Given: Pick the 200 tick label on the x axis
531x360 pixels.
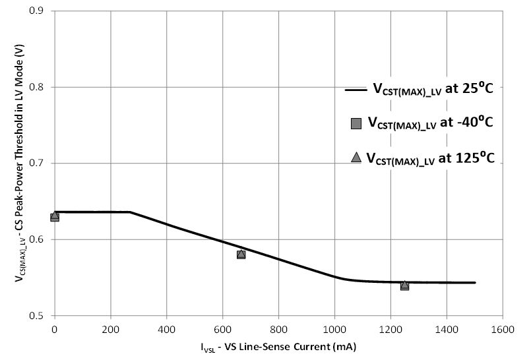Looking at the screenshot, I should click(x=110, y=327).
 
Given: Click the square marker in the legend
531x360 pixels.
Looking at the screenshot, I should click(x=356, y=123).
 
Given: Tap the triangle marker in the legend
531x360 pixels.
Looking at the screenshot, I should click(x=356, y=157).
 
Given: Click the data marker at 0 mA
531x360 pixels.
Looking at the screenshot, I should click(x=55, y=216).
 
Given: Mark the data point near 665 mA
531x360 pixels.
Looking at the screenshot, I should click(x=241, y=254).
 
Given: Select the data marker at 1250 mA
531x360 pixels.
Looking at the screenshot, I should click(x=404, y=285).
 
